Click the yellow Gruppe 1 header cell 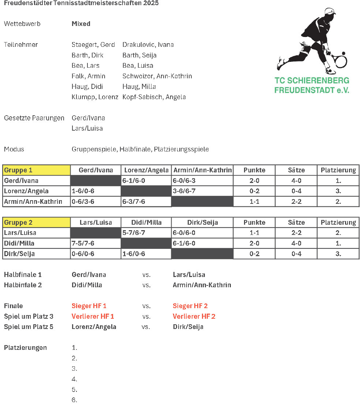(36, 170)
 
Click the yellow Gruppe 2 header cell (36, 222)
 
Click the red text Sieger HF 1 (89, 306)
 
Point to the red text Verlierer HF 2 (194, 316)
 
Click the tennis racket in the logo (340, 60)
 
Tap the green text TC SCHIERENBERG (312, 81)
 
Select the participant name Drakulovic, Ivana (148, 45)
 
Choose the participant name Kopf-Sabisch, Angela (154, 97)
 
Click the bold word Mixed (81, 24)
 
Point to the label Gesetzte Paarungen (34, 118)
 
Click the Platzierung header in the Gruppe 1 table (338, 170)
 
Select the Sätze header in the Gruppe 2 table (296, 222)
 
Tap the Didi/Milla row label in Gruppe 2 (19, 243)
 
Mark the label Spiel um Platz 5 (29, 327)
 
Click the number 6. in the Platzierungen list (74, 400)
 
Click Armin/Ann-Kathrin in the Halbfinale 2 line (202, 285)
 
